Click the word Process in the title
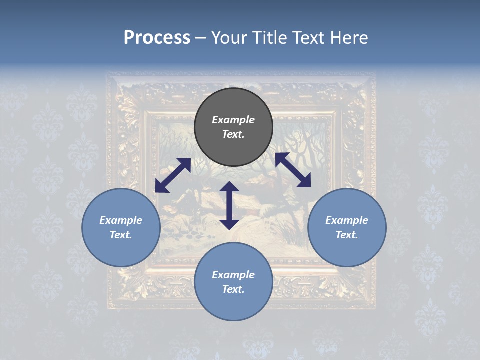pyautogui.click(x=157, y=38)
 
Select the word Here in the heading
pyautogui.click(x=350, y=38)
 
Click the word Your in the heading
pyautogui.click(x=229, y=38)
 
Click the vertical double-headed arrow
pyautogui.click(x=229, y=205)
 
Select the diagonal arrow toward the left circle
pyautogui.click(x=173, y=175)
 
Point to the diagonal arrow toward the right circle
pyautogui.click(x=293, y=170)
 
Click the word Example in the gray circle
pyautogui.click(x=233, y=120)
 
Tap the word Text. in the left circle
pyautogui.click(x=121, y=235)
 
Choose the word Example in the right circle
pyautogui.click(x=347, y=220)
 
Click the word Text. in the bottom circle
pyautogui.click(x=233, y=289)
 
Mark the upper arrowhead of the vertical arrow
pyautogui.click(x=229, y=187)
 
